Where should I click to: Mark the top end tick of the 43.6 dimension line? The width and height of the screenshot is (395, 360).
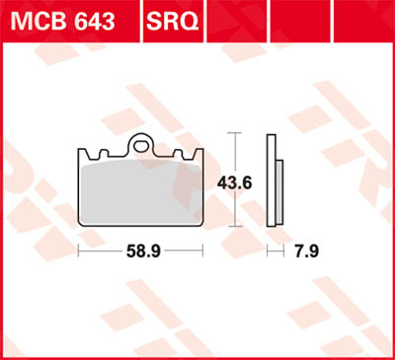[233, 131]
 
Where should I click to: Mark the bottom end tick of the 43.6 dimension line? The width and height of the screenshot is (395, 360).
[233, 226]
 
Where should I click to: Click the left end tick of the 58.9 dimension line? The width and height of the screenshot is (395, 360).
[78, 253]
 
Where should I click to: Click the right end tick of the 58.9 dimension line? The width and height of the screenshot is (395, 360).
[202, 253]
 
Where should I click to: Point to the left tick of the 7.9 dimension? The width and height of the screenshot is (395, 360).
[270, 253]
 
